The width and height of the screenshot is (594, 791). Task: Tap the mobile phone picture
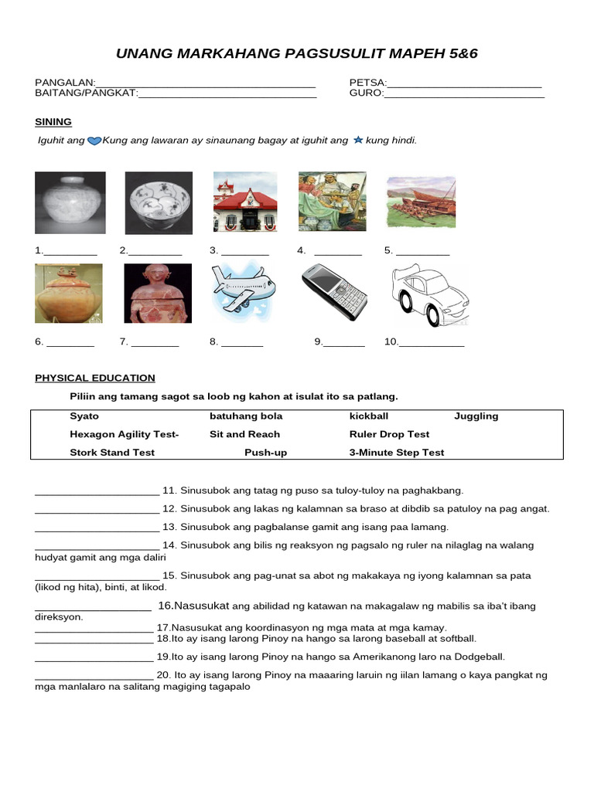point(333,293)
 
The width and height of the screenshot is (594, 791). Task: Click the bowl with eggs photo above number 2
point(159,202)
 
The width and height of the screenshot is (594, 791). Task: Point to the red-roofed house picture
point(245,202)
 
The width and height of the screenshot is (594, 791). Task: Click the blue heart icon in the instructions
point(94,141)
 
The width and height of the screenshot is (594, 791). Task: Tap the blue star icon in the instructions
point(357,141)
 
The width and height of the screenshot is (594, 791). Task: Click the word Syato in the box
point(84,416)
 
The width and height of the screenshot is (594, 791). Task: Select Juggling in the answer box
point(476,416)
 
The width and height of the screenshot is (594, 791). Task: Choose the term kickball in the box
point(369,416)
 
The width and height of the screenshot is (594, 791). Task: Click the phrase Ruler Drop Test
point(389,434)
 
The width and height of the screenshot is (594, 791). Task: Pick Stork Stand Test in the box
point(112,453)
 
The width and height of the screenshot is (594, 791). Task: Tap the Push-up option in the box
point(265,453)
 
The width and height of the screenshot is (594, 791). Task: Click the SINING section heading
point(53,122)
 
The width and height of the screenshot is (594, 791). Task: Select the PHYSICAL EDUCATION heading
point(95,378)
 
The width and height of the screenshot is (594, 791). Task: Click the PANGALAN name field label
point(64,83)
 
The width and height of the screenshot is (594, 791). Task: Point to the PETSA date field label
point(367,83)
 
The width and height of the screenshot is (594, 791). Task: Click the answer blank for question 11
point(97,491)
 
